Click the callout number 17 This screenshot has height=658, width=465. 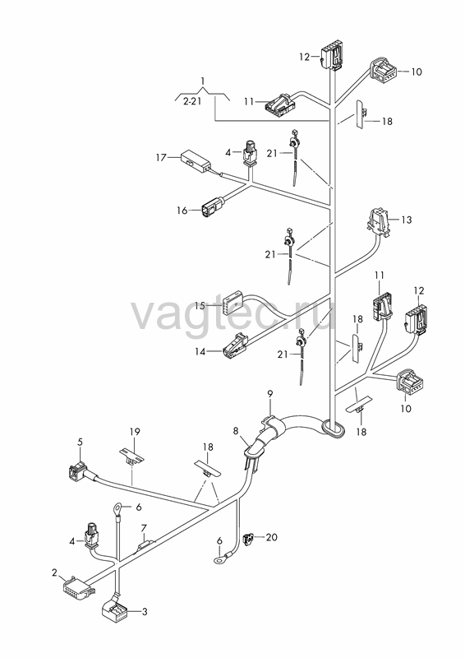[x=161, y=158]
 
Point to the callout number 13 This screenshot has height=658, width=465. [x=407, y=220]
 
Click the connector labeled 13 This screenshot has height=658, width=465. [x=379, y=220]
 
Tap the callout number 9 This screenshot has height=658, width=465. [x=270, y=394]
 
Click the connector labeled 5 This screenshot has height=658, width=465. [x=77, y=472]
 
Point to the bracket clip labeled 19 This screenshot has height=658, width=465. [x=131, y=456]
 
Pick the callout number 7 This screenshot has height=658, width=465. [x=144, y=526]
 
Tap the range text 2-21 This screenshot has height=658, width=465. [x=192, y=101]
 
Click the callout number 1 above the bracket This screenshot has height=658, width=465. [x=203, y=80]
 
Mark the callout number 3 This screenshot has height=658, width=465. [x=145, y=612]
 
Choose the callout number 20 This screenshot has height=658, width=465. [x=272, y=537]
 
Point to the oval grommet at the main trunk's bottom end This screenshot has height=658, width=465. [x=334, y=429]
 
